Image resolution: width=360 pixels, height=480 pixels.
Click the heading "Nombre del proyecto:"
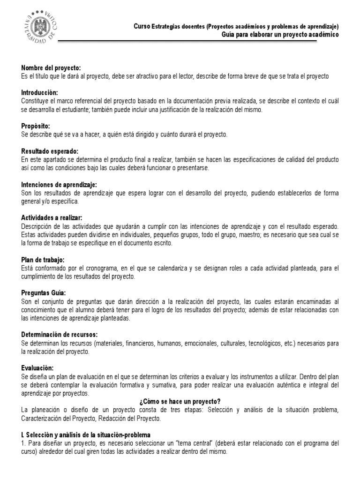51,68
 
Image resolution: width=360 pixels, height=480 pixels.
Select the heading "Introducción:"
39,93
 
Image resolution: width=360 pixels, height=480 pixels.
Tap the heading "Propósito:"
36,126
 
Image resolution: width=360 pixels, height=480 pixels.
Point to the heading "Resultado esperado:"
50,151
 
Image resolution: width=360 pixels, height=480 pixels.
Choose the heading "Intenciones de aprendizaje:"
59,185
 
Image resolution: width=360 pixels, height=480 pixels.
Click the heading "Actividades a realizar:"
52,218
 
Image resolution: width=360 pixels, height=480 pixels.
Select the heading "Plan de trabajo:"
43,260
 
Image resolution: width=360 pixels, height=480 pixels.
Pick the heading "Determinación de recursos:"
59,335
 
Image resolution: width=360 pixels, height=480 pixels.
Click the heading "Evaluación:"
37,368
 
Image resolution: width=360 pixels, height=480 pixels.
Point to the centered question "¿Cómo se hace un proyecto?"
180,401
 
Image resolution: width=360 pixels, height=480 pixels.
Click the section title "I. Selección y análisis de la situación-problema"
85,435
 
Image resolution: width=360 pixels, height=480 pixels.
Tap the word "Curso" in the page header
142,26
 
